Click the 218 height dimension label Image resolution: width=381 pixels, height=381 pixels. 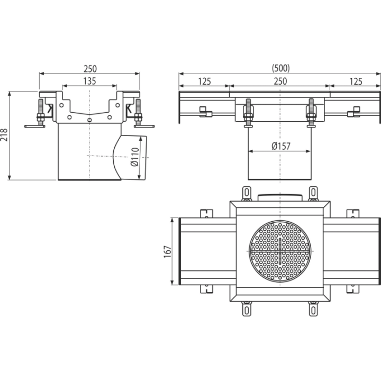[x=4, y=135]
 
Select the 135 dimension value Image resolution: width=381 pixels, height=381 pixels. [x=89, y=81]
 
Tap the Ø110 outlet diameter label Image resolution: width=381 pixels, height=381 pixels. [x=135, y=157]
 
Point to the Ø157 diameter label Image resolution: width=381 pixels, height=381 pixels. [x=281, y=146]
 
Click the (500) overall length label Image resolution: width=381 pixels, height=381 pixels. [x=281, y=68]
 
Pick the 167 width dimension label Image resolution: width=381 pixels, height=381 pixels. [x=168, y=252]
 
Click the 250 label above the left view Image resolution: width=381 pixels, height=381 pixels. [x=90, y=69]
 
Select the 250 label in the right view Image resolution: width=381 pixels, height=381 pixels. [x=280, y=81]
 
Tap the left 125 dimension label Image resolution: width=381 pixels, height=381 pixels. [x=204, y=81]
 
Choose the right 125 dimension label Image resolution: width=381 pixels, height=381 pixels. [x=356, y=81]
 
